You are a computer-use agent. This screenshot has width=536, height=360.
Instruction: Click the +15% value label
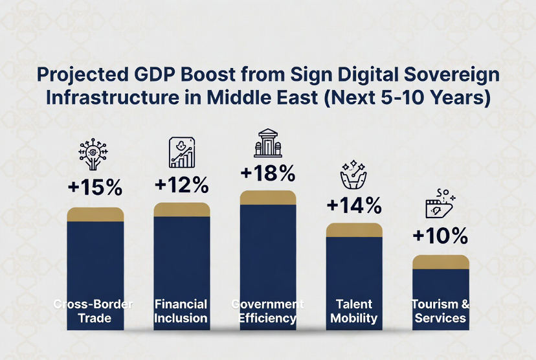[x=95, y=188]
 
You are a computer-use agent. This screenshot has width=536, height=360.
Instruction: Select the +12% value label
[x=181, y=185]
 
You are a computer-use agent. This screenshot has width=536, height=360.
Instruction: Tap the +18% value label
[x=267, y=174]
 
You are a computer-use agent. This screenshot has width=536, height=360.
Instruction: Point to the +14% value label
[x=353, y=206]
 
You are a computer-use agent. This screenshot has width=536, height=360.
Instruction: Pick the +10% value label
[x=440, y=237]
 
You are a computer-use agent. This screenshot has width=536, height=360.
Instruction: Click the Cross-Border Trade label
[x=95, y=311]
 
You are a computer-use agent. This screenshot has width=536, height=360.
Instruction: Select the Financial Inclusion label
[x=181, y=311]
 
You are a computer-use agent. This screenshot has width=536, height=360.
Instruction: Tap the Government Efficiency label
[x=267, y=311]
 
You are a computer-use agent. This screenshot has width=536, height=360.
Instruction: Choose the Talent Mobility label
[x=353, y=311]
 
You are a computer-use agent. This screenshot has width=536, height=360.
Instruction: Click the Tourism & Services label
[x=440, y=311]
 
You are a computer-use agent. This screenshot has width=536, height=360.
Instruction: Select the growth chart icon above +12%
[x=182, y=153]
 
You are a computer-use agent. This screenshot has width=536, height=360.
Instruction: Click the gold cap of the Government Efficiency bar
[x=267, y=197]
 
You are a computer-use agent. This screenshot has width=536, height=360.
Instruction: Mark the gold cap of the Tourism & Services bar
[x=440, y=262]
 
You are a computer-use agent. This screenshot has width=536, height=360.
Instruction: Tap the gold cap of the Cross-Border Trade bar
[x=95, y=214]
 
